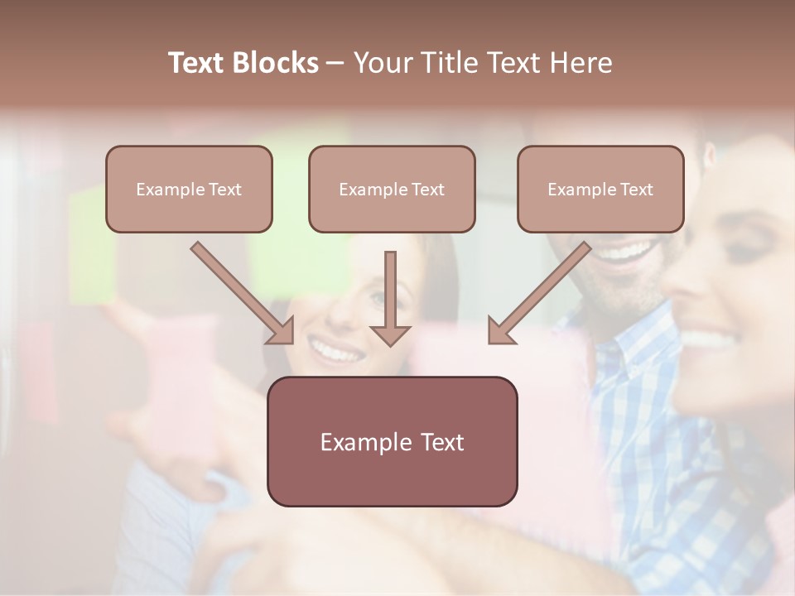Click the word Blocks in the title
[277, 63]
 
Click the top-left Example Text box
[189, 189]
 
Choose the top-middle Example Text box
[392, 189]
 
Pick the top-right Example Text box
[600, 189]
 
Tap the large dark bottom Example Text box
[392, 441]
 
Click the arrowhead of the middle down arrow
[390, 335]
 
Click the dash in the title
[335, 63]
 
